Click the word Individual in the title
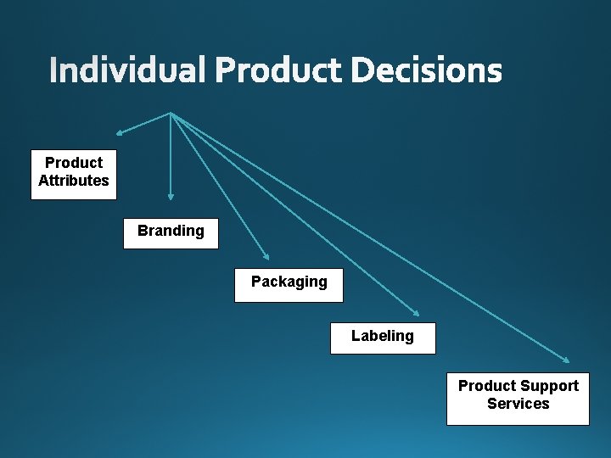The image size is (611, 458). [x=126, y=70]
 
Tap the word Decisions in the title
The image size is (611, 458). [x=426, y=70]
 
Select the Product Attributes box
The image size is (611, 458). [x=74, y=175]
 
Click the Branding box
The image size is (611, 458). [x=171, y=232]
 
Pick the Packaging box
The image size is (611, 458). [x=289, y=285]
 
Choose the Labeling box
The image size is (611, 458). [x=383, y=338]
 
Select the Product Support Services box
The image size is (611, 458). [x=518, y=398]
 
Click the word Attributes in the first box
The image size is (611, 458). [x=74, y=181]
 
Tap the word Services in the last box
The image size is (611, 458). [x=518, y=404]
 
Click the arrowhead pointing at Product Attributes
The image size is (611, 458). [x=120, y=133]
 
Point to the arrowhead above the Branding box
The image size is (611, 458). [x=171, y=195]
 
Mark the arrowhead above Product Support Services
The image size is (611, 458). [x=566, y=360]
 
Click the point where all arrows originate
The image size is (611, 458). [x=171, y=113]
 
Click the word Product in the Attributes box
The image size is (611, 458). [x=74, y=163]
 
